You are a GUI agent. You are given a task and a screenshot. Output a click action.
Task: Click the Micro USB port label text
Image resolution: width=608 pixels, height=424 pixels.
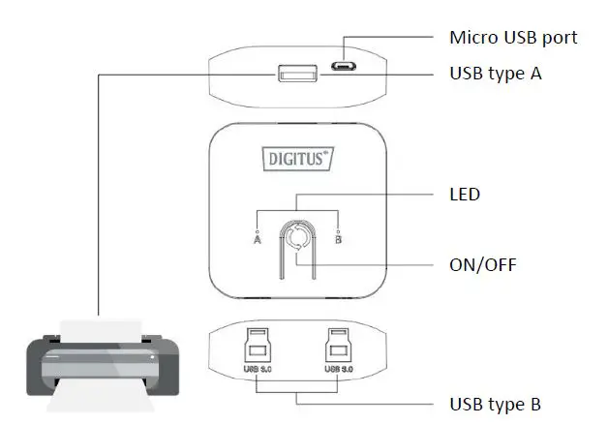513,38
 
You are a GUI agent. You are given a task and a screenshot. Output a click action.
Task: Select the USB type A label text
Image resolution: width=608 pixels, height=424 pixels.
495,74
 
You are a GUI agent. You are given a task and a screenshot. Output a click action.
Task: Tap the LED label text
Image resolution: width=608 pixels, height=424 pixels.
465,195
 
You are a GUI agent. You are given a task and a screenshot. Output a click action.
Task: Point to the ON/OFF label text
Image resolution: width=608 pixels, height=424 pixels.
483,263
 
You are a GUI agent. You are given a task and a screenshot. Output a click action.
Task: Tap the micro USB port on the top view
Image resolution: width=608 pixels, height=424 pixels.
340,67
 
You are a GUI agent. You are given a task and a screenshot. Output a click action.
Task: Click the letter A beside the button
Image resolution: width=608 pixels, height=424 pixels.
258,241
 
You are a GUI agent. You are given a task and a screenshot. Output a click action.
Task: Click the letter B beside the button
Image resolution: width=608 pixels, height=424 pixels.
339,241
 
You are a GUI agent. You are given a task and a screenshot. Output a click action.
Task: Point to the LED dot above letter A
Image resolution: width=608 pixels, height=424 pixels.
258,230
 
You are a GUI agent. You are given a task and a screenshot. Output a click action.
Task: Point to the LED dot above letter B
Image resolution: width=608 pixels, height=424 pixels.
338,230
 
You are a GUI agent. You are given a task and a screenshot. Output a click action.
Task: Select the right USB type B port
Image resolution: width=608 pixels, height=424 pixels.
337,345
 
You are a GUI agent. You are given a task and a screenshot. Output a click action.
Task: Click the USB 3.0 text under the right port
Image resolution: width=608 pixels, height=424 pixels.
337,369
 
